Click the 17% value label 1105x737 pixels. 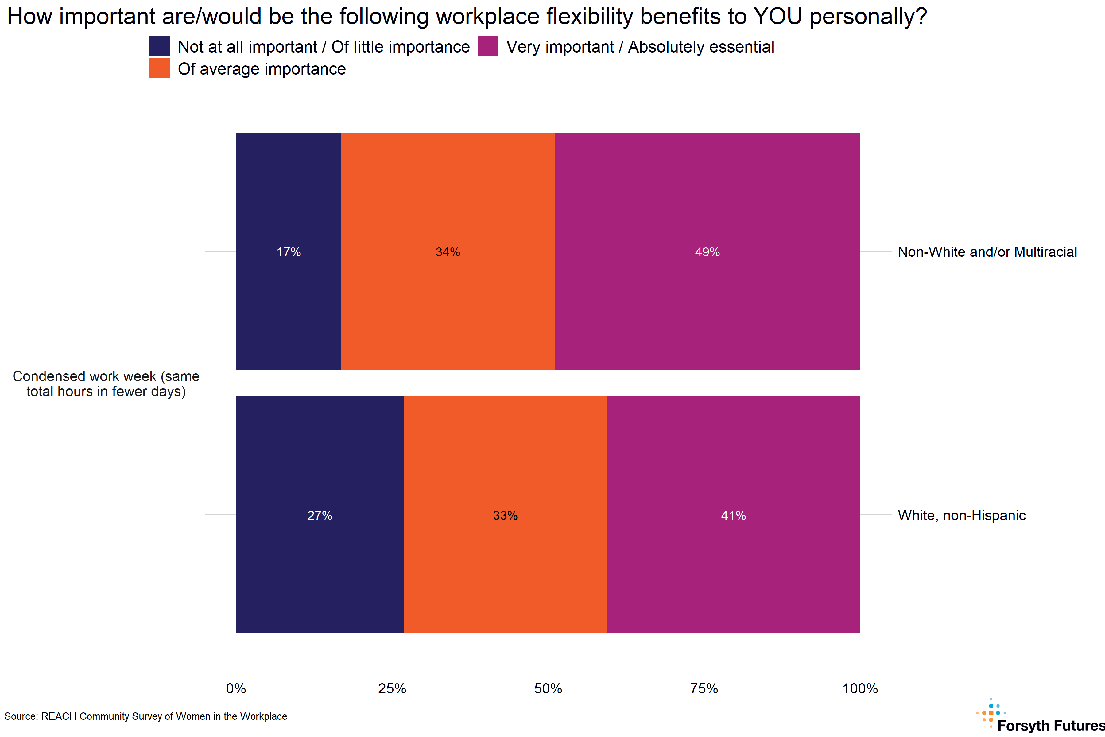pyautogui.click(x=289, y=252)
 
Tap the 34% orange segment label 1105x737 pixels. pyautogui.click(x=448, y=252)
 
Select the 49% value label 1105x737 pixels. pyautogui.click(x=707, y=252)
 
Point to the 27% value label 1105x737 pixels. pyautogui.click(x=320, y=516)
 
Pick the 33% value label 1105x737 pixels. pyautogui.click(x=505, y=516)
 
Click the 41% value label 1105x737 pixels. pyautogui.click(x=733, y=516)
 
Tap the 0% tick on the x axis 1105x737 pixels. pyautogui.click(x=236, y=688)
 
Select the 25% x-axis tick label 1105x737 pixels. pyautogui.click(x=392, y=688)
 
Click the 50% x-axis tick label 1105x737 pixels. pyautogui.click(x=548, y=688)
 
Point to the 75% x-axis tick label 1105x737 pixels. pyautogui.click(x=704, y=688)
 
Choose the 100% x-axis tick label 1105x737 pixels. pyautogui.click(x=860, y=688)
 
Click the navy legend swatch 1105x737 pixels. pyautogui.click(x=159, y=46)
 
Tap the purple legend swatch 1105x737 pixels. pyautogui.click(x=488, y=46)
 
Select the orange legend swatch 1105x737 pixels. pyautogui.click(x=159, y=68)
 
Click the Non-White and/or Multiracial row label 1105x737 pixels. pyautogui.click(x=987, y=252)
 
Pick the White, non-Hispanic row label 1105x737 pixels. pyautogui.click(x=961, y=516)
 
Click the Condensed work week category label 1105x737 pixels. pyautogui.click(x=106, y=384)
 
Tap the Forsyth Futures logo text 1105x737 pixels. pyautogui.click(x=1050, y=725)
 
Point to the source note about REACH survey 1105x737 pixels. pyautogui.click(x=145, y=716)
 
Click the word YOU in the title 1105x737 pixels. pyautogui.click(x=777, y=17)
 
